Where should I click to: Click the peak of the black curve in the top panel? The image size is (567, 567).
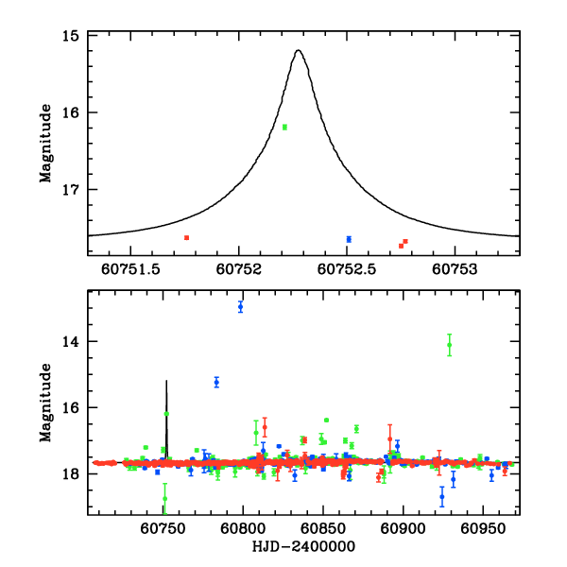click(299, 50)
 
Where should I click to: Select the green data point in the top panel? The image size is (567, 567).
click(284, 127)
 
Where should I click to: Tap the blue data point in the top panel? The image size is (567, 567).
click(349, 239)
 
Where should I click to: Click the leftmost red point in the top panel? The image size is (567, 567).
click(186, 237)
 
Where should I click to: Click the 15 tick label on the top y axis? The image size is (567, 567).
click(69, 36)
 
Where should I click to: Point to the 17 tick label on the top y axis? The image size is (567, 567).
click(69, 190)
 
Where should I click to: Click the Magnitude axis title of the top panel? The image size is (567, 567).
click(45, 145)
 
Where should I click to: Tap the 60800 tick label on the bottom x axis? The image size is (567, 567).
click(243, 531)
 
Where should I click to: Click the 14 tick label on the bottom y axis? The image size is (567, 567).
click(69, 341)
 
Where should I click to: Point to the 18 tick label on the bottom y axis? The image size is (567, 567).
click(69, 475)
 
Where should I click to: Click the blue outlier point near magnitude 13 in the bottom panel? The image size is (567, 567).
click(241, 306)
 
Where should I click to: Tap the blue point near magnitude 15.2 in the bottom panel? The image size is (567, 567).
click(216, 382)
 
